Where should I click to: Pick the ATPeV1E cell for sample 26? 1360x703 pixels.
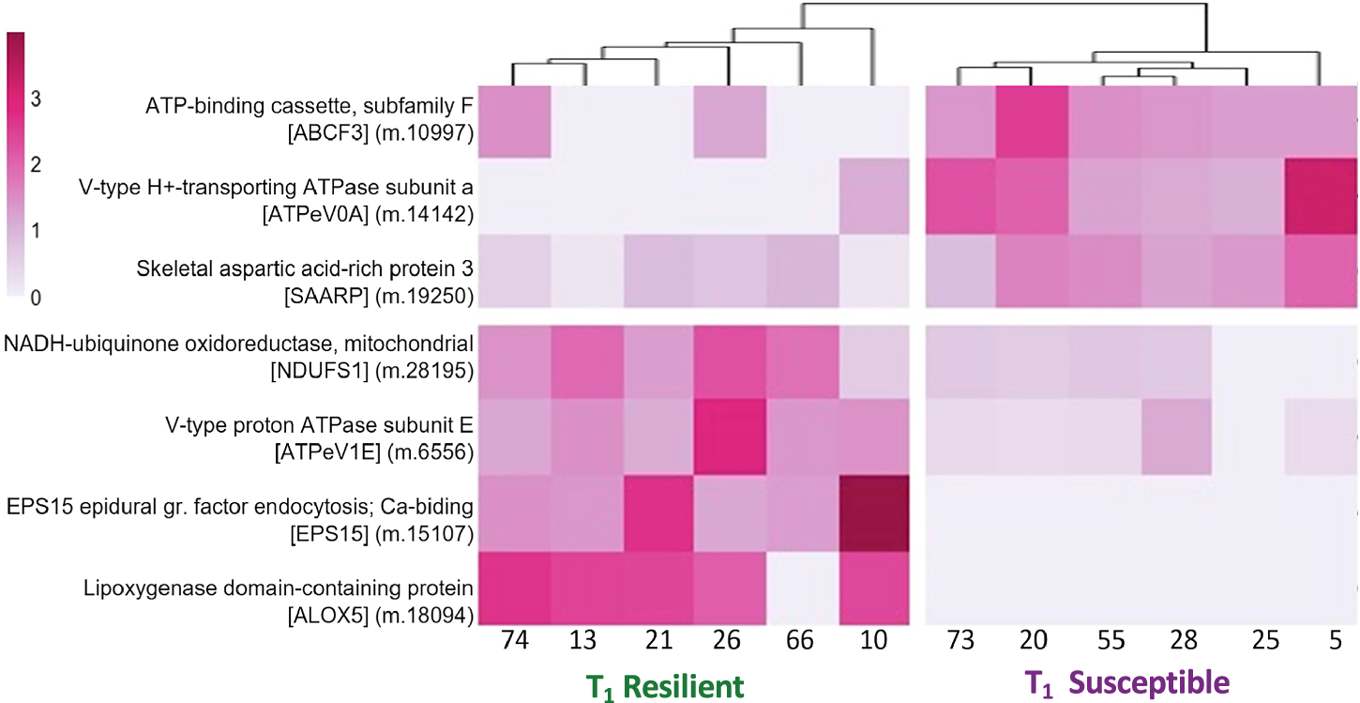(729, 436)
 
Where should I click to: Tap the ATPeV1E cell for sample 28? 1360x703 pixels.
(1176, 436)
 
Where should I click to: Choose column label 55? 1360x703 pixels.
(1103, 641)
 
